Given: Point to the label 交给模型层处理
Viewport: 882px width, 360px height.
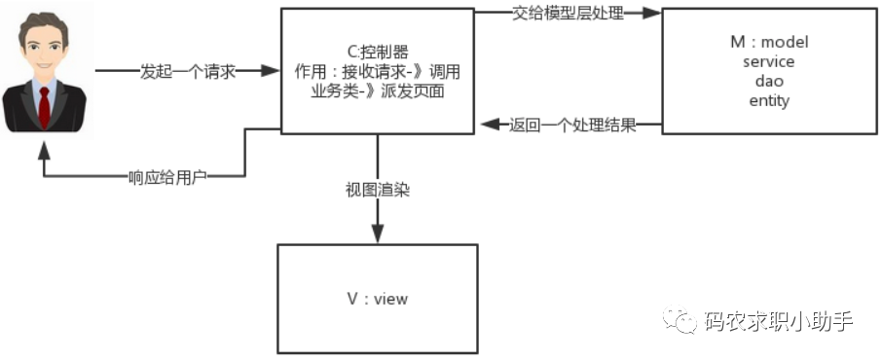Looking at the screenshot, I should (x=568, y=14).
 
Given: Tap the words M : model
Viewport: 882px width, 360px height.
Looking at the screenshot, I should (x=770, y=43).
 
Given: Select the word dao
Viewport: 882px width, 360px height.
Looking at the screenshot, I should (x=769, y=82).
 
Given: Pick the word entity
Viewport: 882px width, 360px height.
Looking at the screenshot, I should (x=769, y=100).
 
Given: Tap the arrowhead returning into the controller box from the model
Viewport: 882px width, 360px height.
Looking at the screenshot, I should (x=490, y=126).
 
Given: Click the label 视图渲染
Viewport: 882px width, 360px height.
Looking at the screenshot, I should (x=378, y=190).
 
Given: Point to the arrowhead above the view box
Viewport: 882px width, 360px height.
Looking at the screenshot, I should (x=378, y=234).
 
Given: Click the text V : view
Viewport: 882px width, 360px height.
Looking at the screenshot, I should (x=378, y=299).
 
